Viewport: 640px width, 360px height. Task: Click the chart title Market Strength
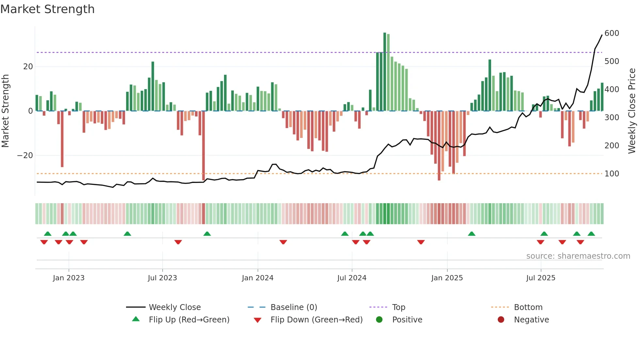tap(47, 9)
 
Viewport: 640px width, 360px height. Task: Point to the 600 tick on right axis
tap(612, 33)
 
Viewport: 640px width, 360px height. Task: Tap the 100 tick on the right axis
tap(612, 174)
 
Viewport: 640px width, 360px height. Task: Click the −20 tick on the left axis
tap(25, 155)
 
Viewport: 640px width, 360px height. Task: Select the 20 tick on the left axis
tap(28, 67)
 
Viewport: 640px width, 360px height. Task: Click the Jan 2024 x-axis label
tap(258, 278)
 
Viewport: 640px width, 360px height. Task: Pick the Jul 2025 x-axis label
tap(541, 278)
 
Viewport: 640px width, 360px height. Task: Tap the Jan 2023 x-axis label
tap(69, 278)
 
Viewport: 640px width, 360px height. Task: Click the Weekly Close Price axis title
tap(632, 111)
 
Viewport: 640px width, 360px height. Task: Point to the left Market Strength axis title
tap(5, 111)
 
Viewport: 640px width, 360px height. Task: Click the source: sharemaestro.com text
tap(578, 256)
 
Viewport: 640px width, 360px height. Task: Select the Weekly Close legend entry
tap(175, 307)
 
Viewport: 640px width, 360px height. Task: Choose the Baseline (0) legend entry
tap(294, 307)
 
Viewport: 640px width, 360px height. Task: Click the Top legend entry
tap(398, 307)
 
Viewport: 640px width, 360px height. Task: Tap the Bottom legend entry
tap(528, 307)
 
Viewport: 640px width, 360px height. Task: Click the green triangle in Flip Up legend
tap(136, 319)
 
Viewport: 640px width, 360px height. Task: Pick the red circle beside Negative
tap(501, 319)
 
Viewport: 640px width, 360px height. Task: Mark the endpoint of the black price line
tap(602, 35)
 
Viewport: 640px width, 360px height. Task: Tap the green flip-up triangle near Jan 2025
tap(472, 234)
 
